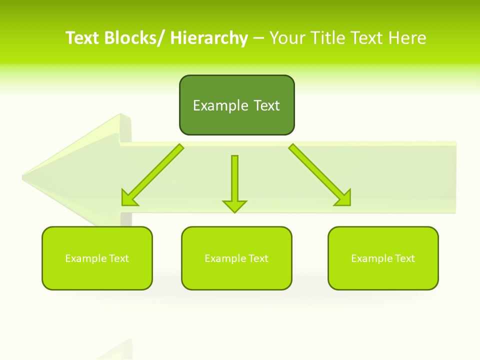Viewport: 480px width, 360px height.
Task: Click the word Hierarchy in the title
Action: tap(209, 38)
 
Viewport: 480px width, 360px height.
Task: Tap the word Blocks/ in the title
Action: tap(134, 38)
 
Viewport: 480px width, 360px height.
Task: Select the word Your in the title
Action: tap(288, 38)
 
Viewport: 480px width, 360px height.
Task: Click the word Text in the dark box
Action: tap(266, 105)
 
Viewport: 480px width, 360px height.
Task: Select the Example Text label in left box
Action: tap(97, 258)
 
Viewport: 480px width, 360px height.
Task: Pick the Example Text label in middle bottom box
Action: tap(236, 258)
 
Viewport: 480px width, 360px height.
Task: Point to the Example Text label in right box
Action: tap(383, 258)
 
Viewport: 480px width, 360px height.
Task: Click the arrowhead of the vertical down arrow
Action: tap(234, 206)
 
